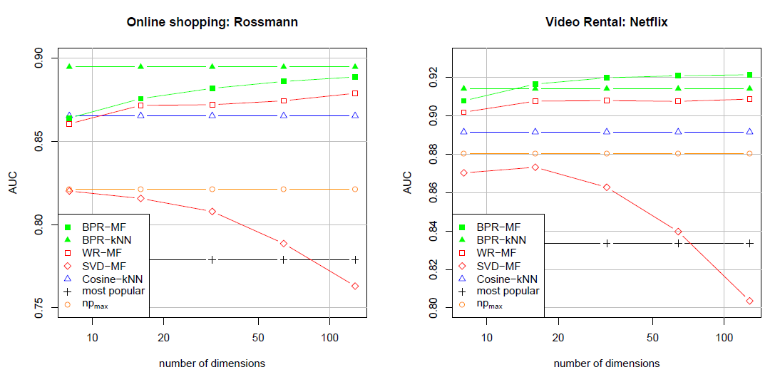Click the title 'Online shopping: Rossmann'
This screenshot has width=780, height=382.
pyautogui.click(x=212, y=22)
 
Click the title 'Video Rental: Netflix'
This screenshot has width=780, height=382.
pyautogui.click(x=607, y=22)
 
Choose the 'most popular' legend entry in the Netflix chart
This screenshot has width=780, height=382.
pyautogui.click(x=508, y=291)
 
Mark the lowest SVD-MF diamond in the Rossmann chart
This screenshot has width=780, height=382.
pyautogui.click(x=355, y=286)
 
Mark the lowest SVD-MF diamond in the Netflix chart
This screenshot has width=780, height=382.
pyautogui.click(x=749, y=301)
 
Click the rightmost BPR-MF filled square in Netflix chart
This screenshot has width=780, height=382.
pyautogui.click(x=749, y=75)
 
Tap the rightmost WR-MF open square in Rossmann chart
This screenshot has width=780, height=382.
pyautogui.click(x=355, y=93)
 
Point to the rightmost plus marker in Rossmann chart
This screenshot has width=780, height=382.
pyautogui.click(x=355, y=259)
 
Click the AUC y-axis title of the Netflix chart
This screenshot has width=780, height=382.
pyautogui.click(x=408, y=183)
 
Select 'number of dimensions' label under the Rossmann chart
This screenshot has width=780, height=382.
pyautogui.click(x=212, y=363)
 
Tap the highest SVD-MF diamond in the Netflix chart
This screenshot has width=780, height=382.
pyautogui.click(x=535, y=167)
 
